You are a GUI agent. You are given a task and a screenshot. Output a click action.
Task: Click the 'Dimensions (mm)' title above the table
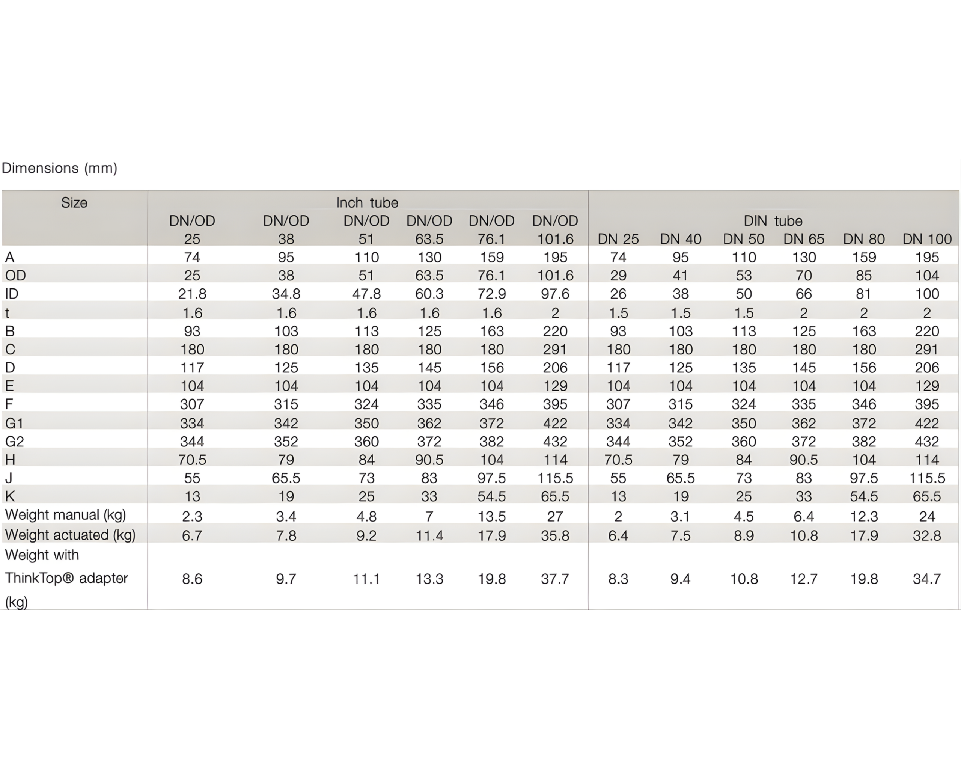click(60, 168)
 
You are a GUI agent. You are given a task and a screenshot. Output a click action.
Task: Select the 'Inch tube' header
click(367, 203)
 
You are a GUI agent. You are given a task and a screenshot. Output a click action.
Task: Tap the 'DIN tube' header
click(773, 221)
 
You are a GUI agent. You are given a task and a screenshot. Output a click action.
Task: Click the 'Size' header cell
click(74, 203)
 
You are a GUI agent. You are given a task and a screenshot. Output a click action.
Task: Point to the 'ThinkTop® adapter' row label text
click(66, 578)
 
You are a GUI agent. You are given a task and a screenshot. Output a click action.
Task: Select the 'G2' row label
click(14, 441)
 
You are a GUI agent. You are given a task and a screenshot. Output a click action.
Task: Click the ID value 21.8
click(192, 294)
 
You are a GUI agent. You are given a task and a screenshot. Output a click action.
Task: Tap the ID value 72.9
click(492, 294)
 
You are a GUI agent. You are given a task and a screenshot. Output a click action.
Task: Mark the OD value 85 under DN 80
click(863, 276)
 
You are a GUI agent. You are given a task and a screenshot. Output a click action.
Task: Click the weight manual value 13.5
click(492, 516)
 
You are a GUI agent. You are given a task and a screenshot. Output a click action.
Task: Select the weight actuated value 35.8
click(555, 535)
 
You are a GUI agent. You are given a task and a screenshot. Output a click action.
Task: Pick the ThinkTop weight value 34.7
click(927, 579)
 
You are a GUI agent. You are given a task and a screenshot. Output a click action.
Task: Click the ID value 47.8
click(366, 294)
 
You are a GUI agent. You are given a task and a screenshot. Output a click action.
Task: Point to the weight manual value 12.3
click(863, 516)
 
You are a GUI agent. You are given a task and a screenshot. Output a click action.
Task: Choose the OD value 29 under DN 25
click(618, 276)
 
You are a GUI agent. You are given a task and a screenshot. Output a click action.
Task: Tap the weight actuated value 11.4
click(429, 535)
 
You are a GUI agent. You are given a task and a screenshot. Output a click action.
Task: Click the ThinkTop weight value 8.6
click(192, 579)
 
